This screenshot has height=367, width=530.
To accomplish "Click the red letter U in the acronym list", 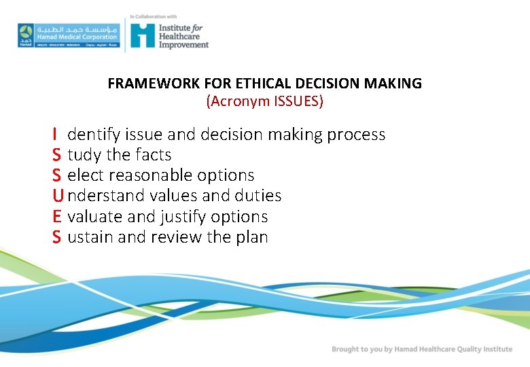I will (58, 196).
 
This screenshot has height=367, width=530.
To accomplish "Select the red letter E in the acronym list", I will (57, 217).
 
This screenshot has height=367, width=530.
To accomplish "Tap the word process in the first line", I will (356, 135).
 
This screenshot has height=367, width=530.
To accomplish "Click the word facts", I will (152, 155).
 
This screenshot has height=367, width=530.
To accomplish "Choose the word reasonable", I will (151, 175).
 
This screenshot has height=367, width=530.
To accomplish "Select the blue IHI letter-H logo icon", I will (143, 35).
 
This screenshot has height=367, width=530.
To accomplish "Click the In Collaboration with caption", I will (153, 15).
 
